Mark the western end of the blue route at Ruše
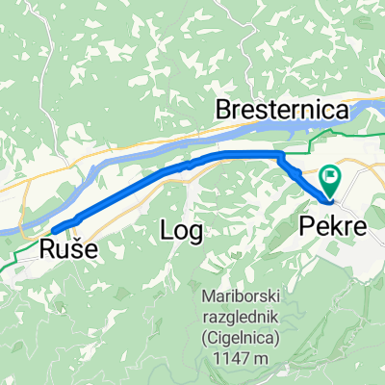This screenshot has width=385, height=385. tap(56, 228)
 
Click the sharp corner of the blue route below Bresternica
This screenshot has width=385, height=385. tap(280, 155)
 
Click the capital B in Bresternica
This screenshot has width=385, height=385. tap(224, 112)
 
